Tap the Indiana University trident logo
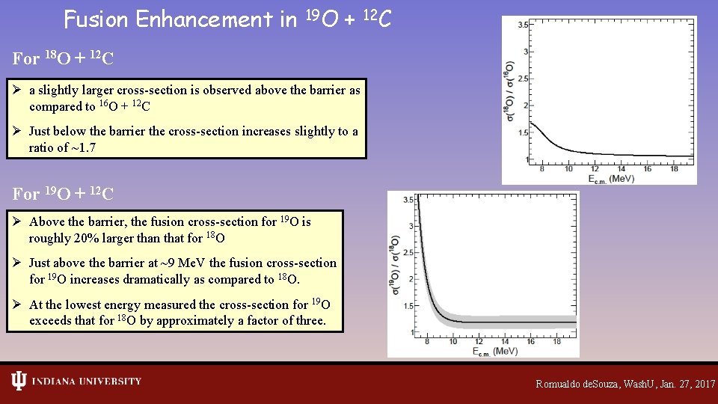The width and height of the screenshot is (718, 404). (x=19, y=381)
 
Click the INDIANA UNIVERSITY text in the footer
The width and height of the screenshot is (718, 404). (x=86, y=382)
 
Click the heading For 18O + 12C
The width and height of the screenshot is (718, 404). (x=64, y=58)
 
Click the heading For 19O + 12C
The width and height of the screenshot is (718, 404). (x=64, y=194)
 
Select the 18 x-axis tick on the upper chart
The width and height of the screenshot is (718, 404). (x=673, y=169)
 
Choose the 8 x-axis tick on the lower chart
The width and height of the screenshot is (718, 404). (x=426, y=342)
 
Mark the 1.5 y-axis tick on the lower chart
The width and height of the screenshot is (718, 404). (x=408, y=306)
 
